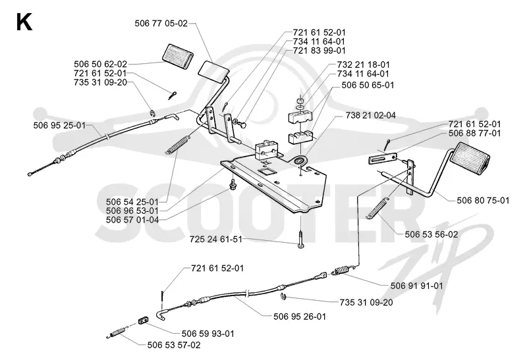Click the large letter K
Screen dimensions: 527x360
24,22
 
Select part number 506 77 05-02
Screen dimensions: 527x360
161,24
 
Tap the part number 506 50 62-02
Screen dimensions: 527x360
101,64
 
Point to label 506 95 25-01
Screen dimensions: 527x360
59,126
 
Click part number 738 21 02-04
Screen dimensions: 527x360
371,116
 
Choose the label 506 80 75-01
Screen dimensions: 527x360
483,201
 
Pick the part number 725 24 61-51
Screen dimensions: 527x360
216,240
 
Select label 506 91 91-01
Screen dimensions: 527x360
417,286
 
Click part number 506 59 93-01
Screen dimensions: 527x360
208,334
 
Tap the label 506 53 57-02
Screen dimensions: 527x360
174,346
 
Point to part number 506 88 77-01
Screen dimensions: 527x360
474,134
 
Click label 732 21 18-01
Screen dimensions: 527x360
364,64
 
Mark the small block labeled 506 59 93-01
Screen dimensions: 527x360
144,320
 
